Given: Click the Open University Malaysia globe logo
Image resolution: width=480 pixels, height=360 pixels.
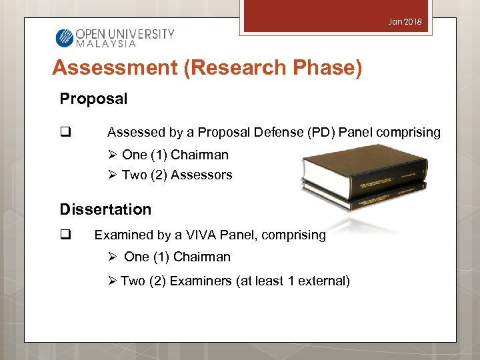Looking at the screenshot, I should (x=64, y=37).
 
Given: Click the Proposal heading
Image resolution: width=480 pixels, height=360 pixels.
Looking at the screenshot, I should (x=93, y=99).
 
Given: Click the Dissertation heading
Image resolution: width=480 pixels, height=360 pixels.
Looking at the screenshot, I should (x=105, y=209).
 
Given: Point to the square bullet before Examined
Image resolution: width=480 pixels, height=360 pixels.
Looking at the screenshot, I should (x=65, y=235).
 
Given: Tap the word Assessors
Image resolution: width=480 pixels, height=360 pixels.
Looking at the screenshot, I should (x=201, y=175).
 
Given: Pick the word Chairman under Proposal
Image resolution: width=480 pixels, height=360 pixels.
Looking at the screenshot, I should (x=199, y=155).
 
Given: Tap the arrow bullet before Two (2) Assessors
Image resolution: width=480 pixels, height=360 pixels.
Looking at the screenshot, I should (x=112, y=175).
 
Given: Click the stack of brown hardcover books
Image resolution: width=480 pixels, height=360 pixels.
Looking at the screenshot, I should (x=363, y=174).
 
